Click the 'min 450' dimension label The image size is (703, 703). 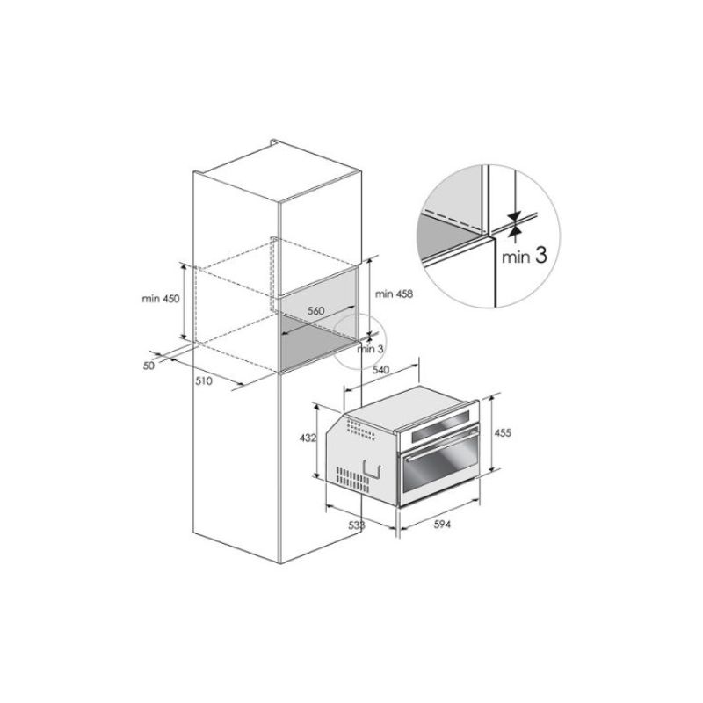[x=161, y=298]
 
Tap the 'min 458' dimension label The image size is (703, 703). [x=394, y=294]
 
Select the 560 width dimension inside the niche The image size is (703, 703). [x=316, y=311]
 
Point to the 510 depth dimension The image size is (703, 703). [x=204, y=381]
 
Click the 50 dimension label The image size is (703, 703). [x=149, y=366]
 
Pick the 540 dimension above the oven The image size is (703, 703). [x=380, y=369]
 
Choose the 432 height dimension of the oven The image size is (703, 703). [x=308, y=438]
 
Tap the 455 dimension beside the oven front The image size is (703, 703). [x=503, y=432]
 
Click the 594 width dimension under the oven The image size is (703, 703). [x=442, y=524]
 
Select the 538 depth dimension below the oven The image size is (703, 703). [x=357, y=525]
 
